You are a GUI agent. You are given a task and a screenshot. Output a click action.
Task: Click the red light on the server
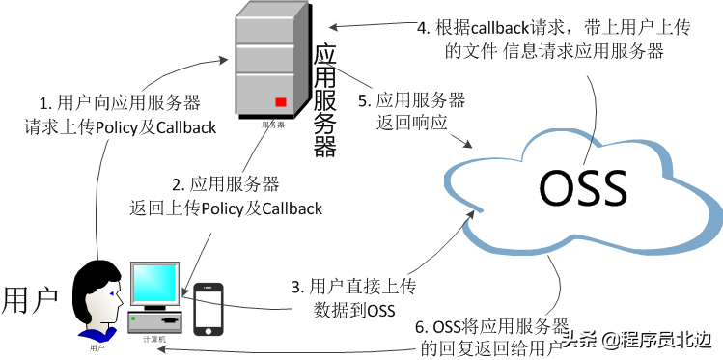pos(281,102)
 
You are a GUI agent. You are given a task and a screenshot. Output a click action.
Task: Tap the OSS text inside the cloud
pos(583,187)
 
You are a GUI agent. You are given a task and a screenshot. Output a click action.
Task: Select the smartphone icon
pos(209,308)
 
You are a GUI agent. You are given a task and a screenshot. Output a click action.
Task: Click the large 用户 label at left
pos(32,298)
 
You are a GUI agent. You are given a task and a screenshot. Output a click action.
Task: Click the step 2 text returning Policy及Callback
pos(225,196)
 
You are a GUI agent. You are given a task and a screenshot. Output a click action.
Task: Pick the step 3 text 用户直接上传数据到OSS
pos(356,297)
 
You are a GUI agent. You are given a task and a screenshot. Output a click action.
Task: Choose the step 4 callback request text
pos(541,40)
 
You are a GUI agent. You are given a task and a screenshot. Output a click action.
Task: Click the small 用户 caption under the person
pos(97,346)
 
